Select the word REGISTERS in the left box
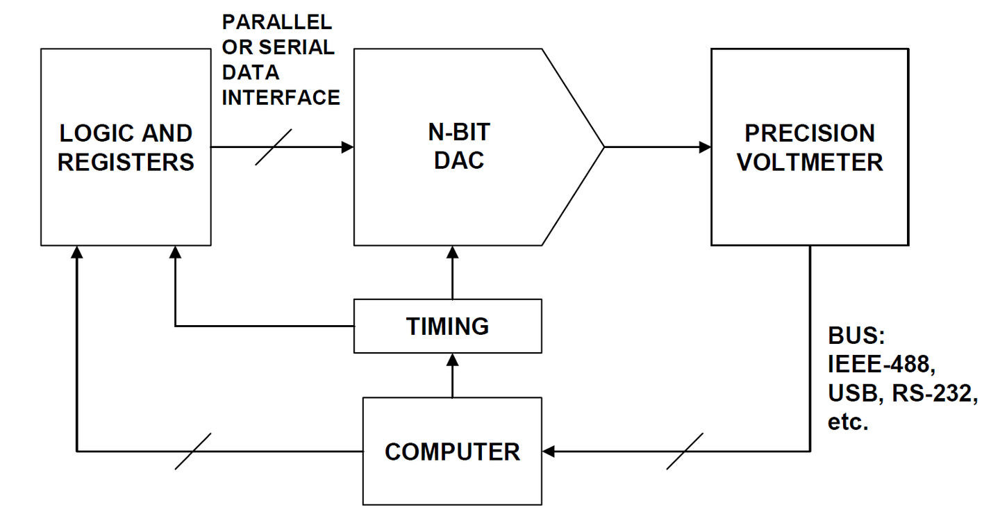coord(126,162)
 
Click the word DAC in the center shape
coord(458,160)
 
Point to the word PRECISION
coord(810,133)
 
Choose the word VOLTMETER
coord(810,162)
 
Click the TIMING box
coord(448,326)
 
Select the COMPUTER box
coord(452,452)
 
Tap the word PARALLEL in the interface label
coord(277,22)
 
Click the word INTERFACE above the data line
coord(281,97)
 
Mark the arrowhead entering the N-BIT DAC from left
coord(348,147)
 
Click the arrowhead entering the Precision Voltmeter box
coord(705,147)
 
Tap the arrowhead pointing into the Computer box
coord(549,452)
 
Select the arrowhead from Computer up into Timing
coord(452,358)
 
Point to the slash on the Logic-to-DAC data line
coord(274,147)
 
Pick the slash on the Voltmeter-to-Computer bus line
coord(685,452)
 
